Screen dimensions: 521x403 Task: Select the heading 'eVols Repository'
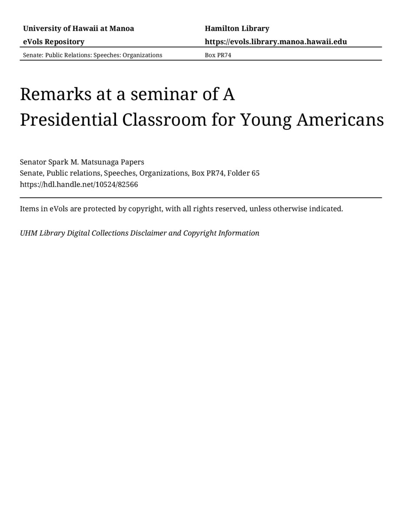(53, 42)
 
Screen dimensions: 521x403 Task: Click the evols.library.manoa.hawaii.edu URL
(276, 42)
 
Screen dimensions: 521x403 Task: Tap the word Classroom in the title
(164, 120)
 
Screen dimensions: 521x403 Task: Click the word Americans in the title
(340, 120)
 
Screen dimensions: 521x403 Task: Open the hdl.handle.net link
(79, 184)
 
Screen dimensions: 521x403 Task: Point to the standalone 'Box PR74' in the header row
(218, 55)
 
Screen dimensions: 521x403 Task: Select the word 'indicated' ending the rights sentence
(326, 209)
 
